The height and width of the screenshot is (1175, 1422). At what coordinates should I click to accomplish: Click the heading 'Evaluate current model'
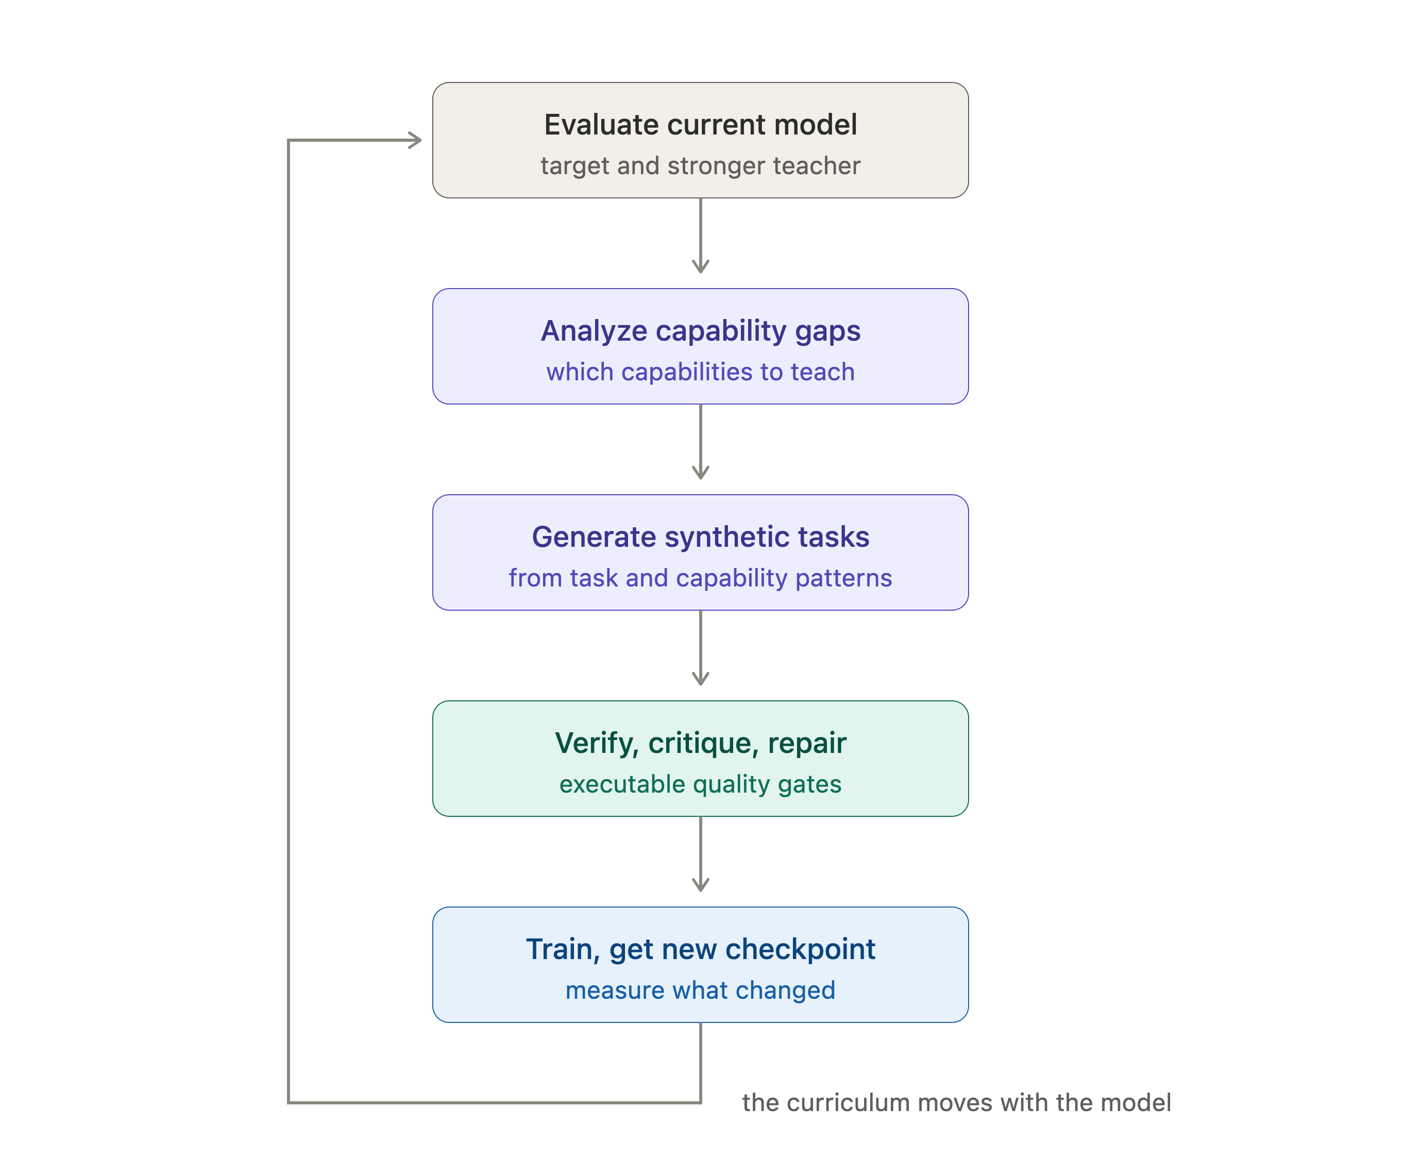(700, 125)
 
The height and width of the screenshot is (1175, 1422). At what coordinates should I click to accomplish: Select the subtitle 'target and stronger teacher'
(700, 166)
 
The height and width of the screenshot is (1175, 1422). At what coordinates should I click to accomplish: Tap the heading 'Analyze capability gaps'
(700, 331)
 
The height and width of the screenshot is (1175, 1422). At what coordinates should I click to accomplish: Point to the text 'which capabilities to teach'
(700, 372)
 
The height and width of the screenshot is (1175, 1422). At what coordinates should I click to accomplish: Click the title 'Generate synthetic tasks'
(700, 536)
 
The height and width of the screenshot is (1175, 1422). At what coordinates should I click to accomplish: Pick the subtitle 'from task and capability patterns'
(700, 578)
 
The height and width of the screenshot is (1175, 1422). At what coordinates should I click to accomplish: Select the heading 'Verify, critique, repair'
(700, 743)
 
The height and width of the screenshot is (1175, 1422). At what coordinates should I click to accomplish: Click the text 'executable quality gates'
(700, 784)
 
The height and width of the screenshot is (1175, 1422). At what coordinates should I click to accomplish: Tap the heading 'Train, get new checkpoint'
(700, 949)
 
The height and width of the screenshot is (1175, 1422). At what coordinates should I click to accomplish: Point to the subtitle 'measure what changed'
(700, 990)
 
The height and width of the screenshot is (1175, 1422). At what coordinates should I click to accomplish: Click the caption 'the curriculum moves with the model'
(956, 1102)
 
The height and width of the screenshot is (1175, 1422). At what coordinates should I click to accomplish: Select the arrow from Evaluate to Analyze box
(700, 236)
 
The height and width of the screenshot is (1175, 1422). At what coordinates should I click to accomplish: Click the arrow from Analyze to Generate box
(700, 442)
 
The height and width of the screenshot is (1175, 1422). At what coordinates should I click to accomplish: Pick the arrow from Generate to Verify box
(700, 648)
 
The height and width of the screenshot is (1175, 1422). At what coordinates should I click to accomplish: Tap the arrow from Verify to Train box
(700, 854)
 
